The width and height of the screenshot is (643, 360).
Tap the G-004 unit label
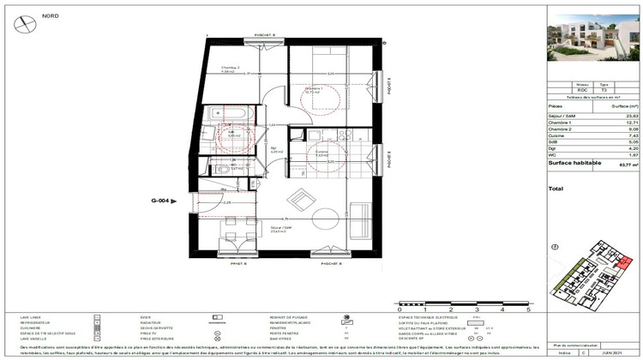[x=161, y=201]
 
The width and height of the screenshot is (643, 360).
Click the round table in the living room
[x=327, y=213]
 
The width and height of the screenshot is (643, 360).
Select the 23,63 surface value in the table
[x=628, y=116]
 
